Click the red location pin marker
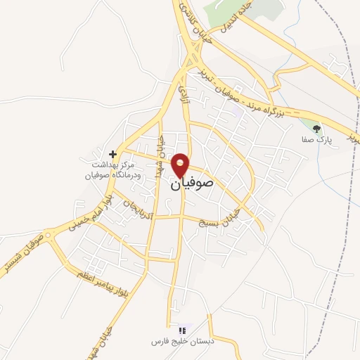(x=181, y=165)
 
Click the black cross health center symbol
(x=112, y=153)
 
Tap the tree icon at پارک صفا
(x=316, y=129)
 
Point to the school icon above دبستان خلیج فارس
(x=183, y=329)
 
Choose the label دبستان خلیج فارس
(x=184, y=342)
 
